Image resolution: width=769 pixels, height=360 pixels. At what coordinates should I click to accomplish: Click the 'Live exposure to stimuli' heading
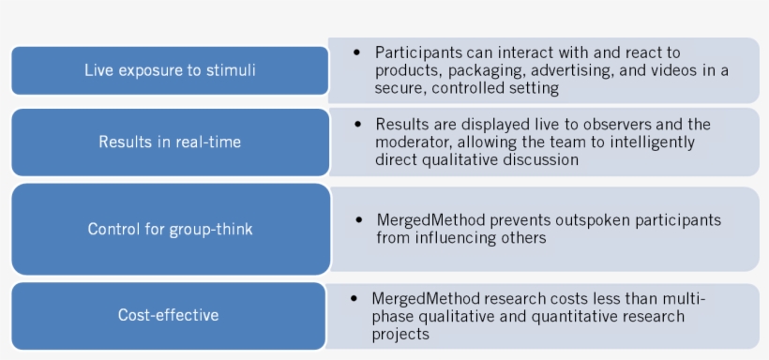170,70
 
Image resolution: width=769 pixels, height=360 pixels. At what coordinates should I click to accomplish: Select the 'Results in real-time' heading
170,142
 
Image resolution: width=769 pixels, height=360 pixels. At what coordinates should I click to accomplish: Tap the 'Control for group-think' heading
170,229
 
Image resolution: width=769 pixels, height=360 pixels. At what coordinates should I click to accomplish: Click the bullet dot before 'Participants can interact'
356,52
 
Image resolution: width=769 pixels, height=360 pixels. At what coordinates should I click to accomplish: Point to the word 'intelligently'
649,142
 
